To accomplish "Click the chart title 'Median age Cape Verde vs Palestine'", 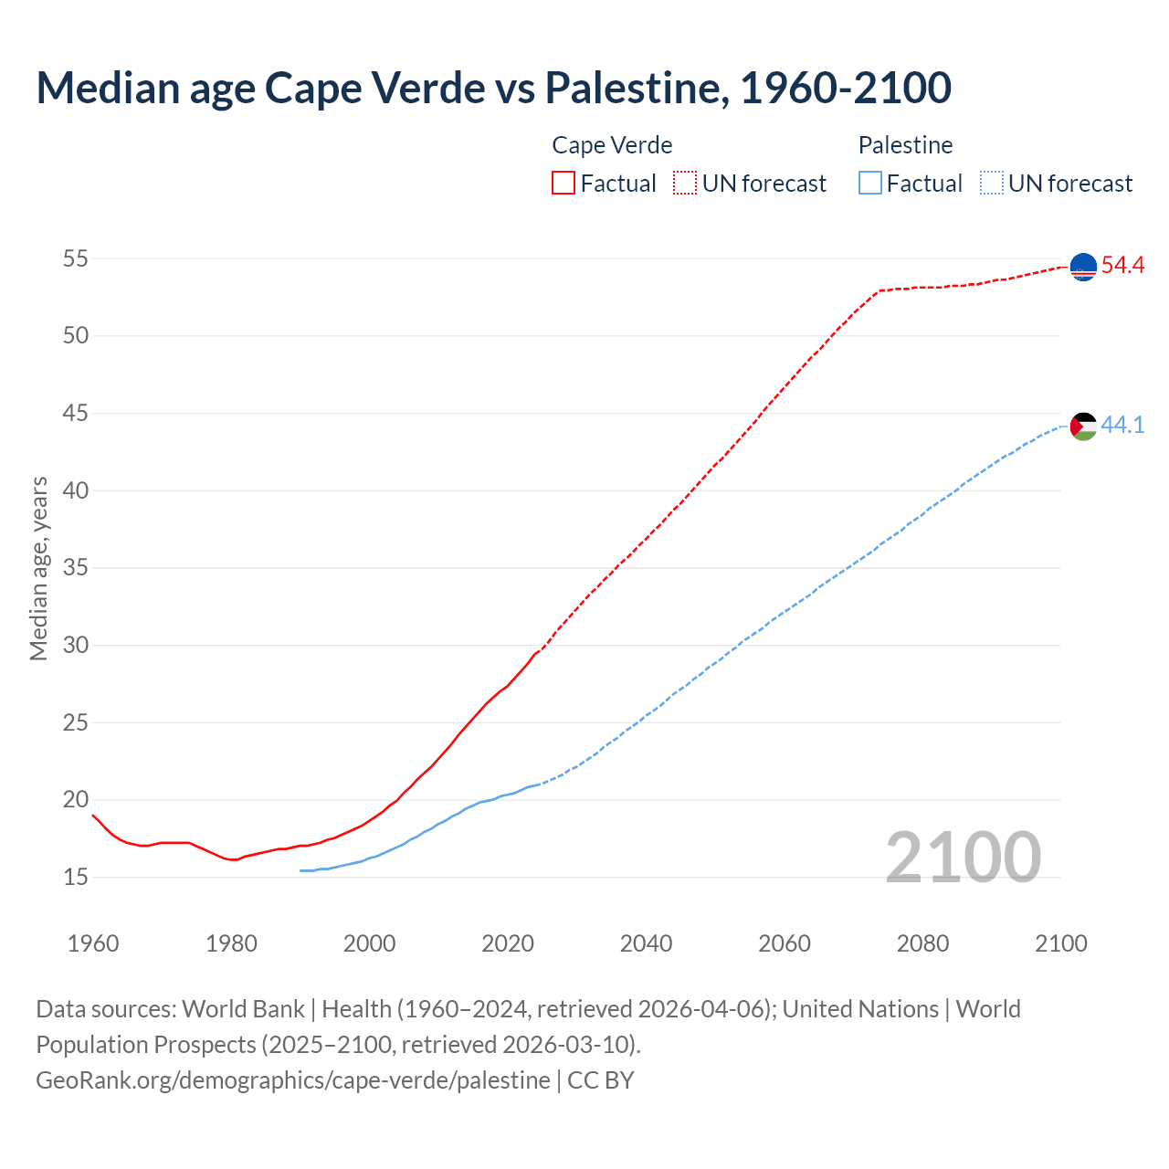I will pos(493,88).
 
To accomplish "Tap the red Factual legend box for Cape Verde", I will pos(563,184).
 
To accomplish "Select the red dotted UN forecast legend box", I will pos(685,184).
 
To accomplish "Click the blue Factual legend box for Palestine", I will pos(870,184).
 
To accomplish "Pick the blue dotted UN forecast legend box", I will pos(992,184).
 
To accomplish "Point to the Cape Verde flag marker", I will pos(1083,267).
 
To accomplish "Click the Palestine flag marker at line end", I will pos(1083,426).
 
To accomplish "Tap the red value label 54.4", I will pos(1122,266).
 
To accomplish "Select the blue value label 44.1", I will pos(1122,425).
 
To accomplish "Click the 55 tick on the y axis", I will pos(76,258).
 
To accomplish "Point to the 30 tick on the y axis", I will pos(76,645).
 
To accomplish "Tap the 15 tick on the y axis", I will pos(76,878).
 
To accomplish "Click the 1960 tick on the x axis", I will pos(93,943).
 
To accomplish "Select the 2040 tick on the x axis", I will pos(646,943).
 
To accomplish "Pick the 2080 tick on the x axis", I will pos(922,943).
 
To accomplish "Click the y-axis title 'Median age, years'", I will pos(38,568).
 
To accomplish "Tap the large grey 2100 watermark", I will pos(964,857).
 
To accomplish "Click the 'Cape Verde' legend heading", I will pos(612,145).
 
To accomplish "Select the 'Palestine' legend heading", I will pos(905,145).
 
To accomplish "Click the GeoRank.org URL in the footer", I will pos(292,1080).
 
